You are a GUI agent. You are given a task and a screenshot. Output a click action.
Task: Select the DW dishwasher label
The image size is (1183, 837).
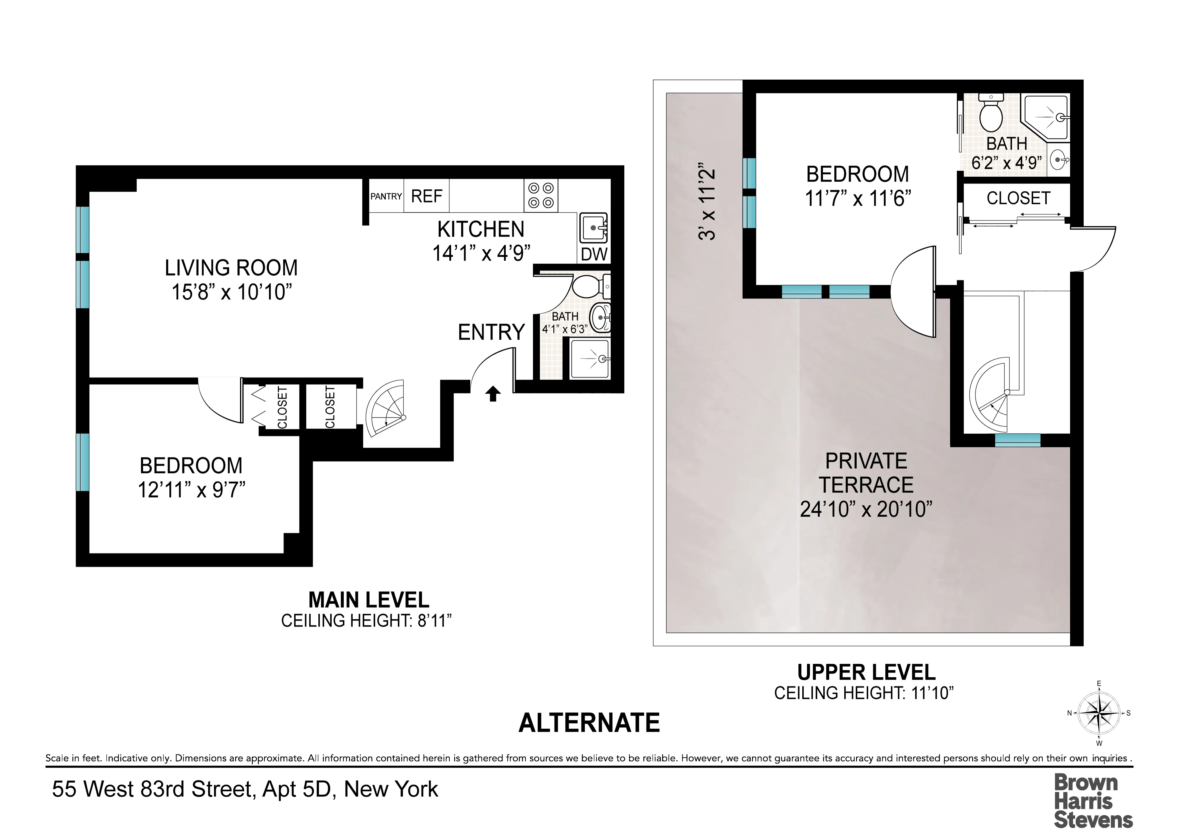[x=594, y=254]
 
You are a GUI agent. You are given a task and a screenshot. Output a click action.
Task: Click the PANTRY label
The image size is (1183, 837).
[x=386, y=196]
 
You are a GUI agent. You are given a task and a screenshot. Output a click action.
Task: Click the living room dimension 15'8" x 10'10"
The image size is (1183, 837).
[x=231, y=292]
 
